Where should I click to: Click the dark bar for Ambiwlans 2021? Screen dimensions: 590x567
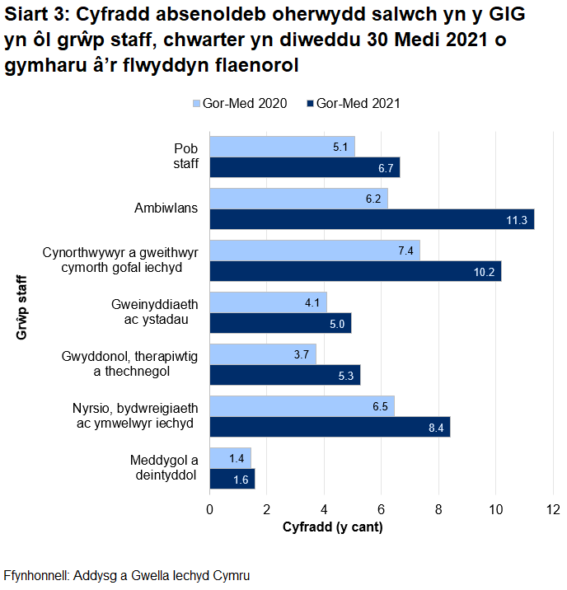[371, 219]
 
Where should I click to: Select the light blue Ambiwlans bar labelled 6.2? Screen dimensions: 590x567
[298, 199]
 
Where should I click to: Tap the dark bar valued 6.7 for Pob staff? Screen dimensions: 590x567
[304, 167]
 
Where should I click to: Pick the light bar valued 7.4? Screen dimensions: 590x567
[315, 251]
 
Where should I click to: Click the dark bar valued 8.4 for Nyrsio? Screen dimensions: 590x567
[329, 427]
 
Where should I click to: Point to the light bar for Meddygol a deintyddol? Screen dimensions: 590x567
[230, 458]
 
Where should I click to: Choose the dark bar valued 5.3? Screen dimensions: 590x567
[284, 375]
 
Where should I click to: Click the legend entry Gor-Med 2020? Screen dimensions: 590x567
[240, 104]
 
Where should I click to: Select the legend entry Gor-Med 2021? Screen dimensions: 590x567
[353, 104]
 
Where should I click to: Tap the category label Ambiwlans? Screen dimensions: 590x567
[166, 208]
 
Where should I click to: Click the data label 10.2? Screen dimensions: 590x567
[484, 271]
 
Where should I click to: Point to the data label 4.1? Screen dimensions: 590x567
[312, 302]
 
